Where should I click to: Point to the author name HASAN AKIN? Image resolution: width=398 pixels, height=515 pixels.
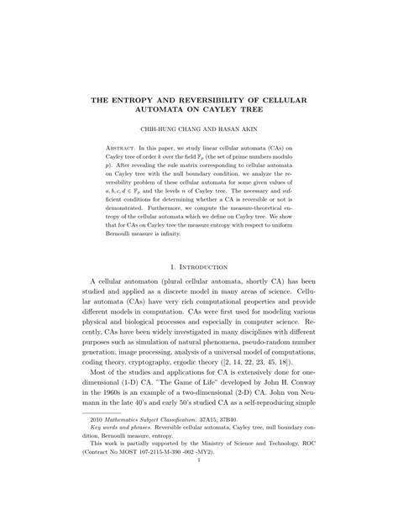[x=249, y=130]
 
